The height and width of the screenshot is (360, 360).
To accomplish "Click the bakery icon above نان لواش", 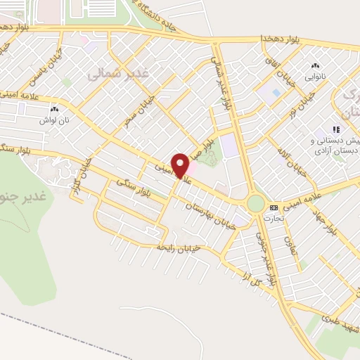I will pyautogui.click(x=56, y=109).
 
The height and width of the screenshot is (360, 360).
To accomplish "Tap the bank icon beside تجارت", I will pyautogui.click(x=274, y=207).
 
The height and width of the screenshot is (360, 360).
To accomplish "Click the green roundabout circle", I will pyautogui.click(x=255, y=204).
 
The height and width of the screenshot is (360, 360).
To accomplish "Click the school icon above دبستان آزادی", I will pyautogui.click(x=336, y=129).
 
